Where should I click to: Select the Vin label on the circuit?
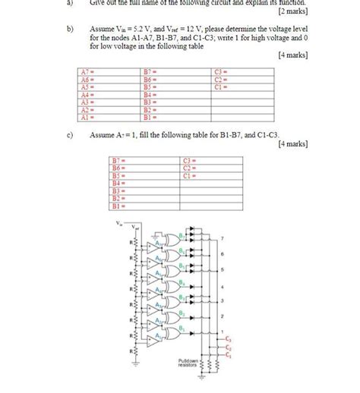coord(119,223)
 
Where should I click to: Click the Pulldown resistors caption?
coord(186,362)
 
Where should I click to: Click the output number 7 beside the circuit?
coord(223,239)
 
